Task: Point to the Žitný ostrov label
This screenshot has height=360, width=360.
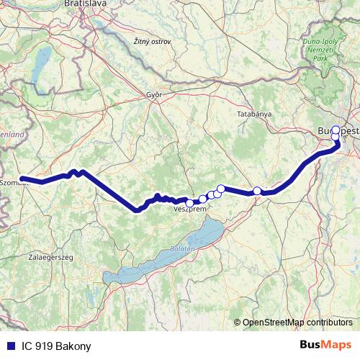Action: coord(153,42)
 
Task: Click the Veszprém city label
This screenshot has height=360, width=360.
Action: coord(191,210)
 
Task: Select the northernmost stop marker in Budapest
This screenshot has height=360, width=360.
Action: coord(335,130)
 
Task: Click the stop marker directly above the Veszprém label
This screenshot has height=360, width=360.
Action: coord(189,203)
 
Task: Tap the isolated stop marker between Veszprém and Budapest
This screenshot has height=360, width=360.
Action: coord(257,191)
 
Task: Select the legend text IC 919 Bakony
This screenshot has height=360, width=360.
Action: coord(53,346)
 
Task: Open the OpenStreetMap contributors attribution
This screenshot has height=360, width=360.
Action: coord(297,322)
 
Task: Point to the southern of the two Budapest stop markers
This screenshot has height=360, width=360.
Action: coord(336,137)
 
